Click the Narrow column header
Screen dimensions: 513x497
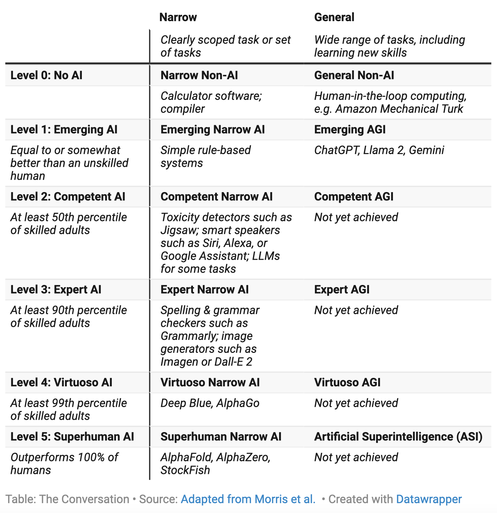178,17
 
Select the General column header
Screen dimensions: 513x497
334,17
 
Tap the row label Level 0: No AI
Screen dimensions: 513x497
46,75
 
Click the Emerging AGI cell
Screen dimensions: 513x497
350,129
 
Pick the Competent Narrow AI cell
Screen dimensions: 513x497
216,197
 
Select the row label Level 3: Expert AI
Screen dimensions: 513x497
56,290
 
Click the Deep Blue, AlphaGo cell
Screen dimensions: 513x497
210,403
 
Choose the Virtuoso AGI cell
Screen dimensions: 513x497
347,382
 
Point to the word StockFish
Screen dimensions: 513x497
185,470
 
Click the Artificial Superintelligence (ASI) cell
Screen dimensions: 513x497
398,437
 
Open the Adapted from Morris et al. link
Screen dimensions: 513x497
248,499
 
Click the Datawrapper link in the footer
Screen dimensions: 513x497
429,499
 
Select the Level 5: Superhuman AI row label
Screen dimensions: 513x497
72,437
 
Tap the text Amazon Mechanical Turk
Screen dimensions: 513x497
399,109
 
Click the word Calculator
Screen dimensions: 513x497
186,96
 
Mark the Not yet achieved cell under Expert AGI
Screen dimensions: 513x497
356,310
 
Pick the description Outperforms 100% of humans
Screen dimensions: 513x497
64,463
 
